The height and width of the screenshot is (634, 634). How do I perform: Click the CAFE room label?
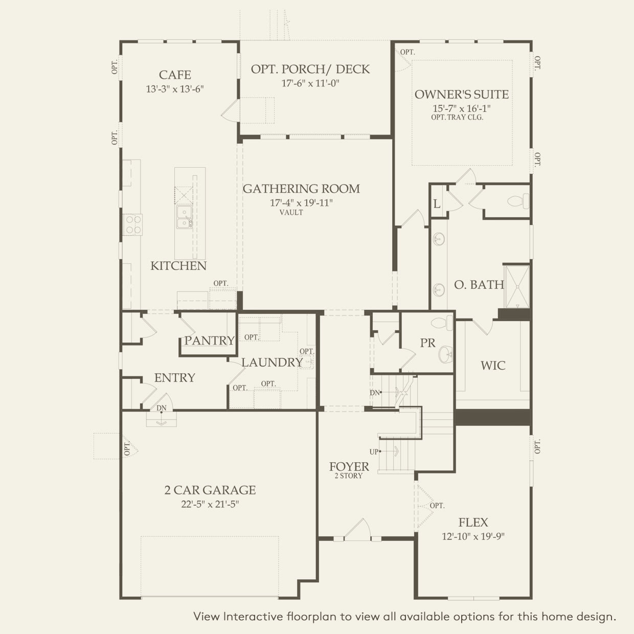pyautogui.click(x=175, y=75)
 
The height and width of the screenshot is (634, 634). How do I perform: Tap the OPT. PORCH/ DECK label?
pyautogui.click(x=310, y=69)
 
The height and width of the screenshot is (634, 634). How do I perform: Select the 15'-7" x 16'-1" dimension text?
pyautogui.click(x=462, y=108)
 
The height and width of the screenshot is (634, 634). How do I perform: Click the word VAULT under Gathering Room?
pyautogui.click(x=291, y=213)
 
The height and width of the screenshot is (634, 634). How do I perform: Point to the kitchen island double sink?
pyautogui.click(x=184, y=217)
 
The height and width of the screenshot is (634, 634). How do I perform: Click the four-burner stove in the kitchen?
pyautogui.click(x=133, y=224)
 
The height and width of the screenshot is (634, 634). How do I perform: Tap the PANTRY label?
pyautogui.click(x=209, y=341)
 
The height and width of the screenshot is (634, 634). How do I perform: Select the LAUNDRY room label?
pyautogui.click(x=272, y=363)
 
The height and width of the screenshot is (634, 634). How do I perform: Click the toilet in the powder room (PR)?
pyautogui.click(x=442, y=323)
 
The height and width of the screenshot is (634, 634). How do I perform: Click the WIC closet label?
pyautogui.click(x=493, y=366)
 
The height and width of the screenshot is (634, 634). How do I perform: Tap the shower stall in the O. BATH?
pyautogui.click(x=517, y=287)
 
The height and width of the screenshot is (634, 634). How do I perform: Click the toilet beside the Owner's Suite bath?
pyautogui.click(x=518, y=201)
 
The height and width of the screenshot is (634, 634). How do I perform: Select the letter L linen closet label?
pyautogui.click(x=437, y=204)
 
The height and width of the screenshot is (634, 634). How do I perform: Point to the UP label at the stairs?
pyautogui.click(x=374, y=452)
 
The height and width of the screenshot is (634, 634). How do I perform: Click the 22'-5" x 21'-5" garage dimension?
pyautogui.click(x=210, y=504)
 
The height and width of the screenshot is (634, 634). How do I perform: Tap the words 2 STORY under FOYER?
pyautogui.click(x=348, y=475)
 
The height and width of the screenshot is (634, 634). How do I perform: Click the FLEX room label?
pyautogui.click(x=473, y=522)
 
